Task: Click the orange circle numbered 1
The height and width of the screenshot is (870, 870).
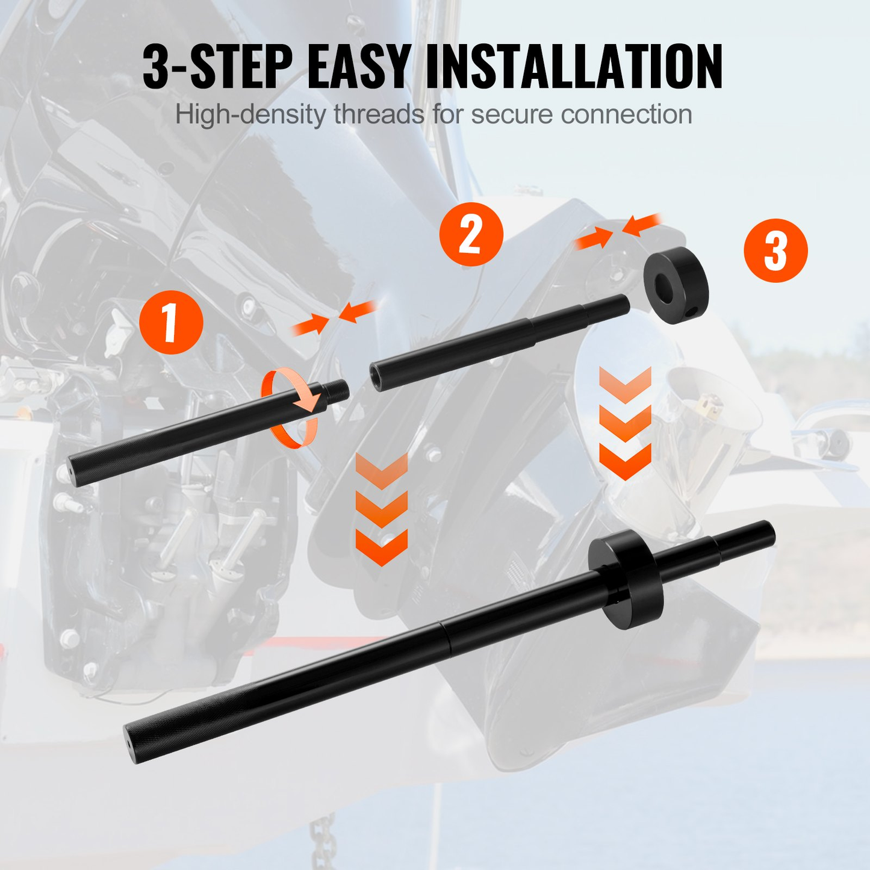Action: [171, 322]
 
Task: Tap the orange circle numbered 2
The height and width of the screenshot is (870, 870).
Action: [471, 234]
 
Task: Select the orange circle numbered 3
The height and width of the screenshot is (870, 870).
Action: [775, 250]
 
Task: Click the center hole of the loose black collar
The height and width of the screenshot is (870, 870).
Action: [669, 284]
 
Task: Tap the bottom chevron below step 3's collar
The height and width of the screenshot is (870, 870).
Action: [625, 462]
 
